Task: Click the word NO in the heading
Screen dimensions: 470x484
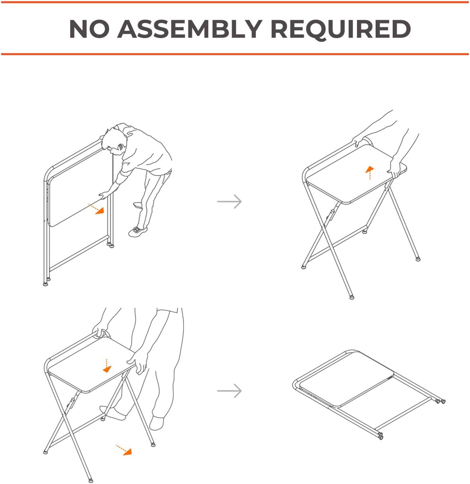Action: click(x=89, y=29)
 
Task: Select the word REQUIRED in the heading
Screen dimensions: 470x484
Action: click(x=341, y=29)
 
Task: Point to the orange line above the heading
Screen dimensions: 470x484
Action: click(x=235, y=2)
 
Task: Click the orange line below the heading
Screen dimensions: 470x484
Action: click(x=235, y=54)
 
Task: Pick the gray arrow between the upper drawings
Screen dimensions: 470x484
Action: click(x=229, y=202)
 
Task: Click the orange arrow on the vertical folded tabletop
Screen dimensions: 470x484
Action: click(x=96, y=209)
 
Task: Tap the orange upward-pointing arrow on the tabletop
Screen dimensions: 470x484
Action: click(x=370, y=172)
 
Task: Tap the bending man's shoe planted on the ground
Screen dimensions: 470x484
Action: click(x=138, y=231)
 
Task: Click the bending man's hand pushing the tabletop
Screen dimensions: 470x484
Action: click(x=104, y=195)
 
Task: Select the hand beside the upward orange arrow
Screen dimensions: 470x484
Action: click(x=394, y=168)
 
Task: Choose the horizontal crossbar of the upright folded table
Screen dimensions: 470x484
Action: click(x=79, y=253)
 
